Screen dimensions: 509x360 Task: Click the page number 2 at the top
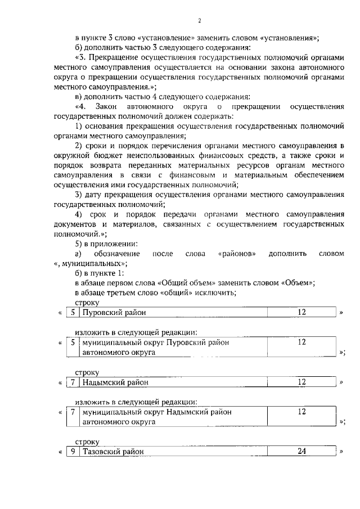[199, 21]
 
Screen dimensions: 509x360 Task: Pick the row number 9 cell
[73, 452]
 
